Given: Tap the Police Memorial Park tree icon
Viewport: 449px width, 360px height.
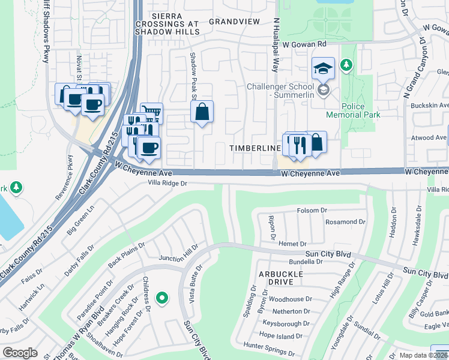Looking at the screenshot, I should [x=346, y=64].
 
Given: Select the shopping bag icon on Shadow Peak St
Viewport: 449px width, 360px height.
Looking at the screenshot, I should [x=202, y=112].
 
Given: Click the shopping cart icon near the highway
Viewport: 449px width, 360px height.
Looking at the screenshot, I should [x=152, y=113].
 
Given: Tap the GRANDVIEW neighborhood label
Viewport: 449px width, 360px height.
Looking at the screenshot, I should [x=234, y=21].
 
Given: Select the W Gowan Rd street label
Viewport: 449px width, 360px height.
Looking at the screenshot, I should [x=304, y=44].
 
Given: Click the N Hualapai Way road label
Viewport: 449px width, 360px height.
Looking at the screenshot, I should [x=277, y=45].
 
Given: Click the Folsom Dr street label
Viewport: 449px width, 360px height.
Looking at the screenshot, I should [x=312, y=211].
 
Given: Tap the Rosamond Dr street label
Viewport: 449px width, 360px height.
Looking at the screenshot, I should [x=345, y=221].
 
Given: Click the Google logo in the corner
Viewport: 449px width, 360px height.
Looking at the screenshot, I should [x=20, y=352].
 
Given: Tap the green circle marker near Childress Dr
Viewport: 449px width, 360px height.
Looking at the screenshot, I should [x=161, y=298].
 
